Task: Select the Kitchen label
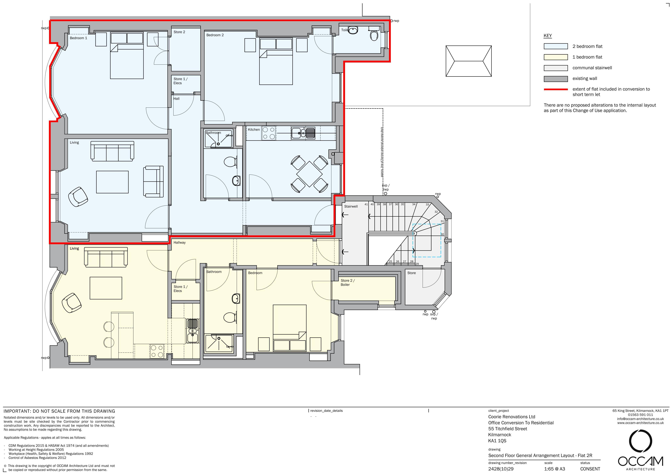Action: coord(254,129)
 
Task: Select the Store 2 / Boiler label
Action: coord(347,282)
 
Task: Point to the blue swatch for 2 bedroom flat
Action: coord(556,46)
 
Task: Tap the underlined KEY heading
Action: coord(548,36)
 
